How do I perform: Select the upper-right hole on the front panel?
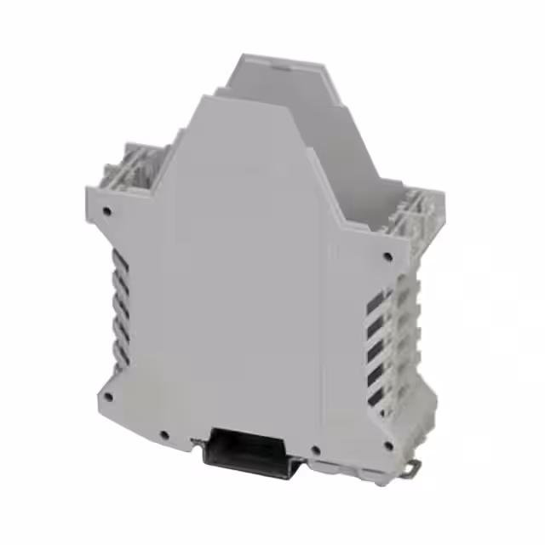click(388, 255)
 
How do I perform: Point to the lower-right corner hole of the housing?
click(388, 445)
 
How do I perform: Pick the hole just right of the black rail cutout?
click(316, 450)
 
